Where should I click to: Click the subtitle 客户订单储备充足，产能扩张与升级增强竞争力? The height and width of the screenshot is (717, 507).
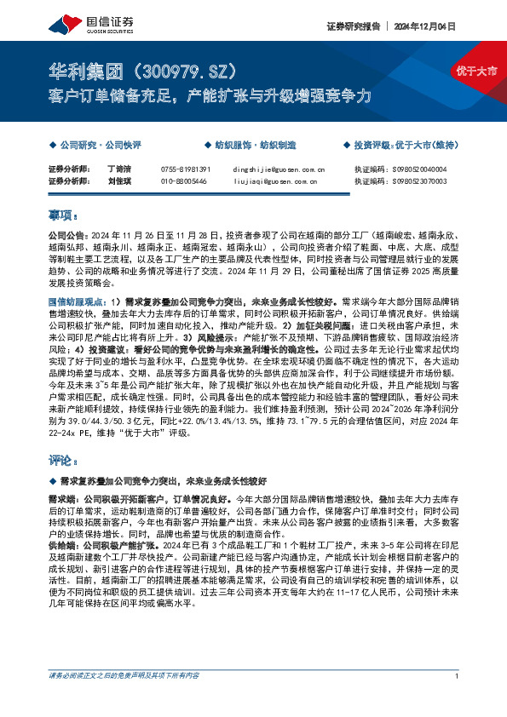point(209,95)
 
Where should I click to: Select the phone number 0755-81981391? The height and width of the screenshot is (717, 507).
point(185,169)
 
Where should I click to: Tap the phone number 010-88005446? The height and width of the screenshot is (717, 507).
point(183,181)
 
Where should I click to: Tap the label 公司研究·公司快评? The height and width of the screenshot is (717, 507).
point(99,146)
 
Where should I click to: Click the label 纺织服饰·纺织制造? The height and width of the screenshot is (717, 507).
point(253,146)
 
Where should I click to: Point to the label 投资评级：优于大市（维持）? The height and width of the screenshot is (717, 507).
point(405,146)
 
